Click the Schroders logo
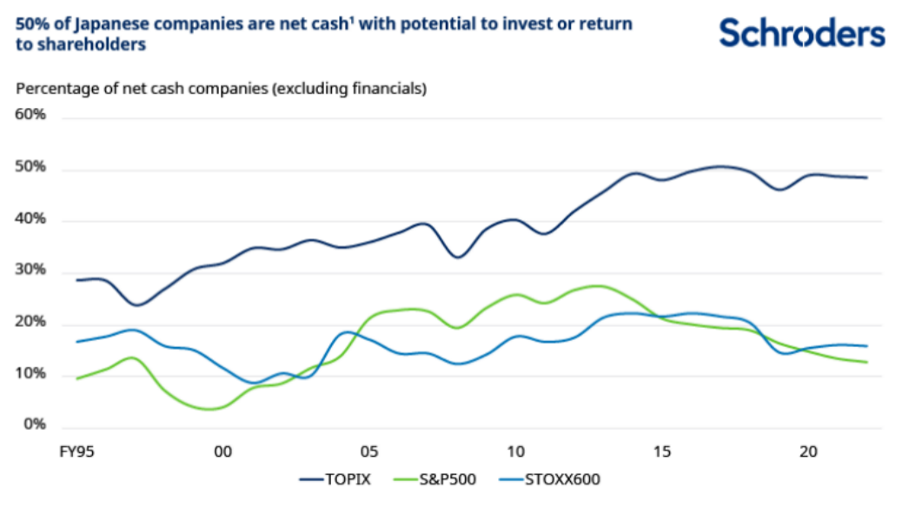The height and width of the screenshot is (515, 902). (x=801, y=34)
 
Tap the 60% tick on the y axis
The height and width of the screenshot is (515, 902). (x=30, y=115)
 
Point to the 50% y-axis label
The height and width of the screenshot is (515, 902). (x=30, y=167)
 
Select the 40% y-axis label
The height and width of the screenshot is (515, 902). (x=30, y=219)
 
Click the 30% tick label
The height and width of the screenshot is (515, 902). (x=30, y=271)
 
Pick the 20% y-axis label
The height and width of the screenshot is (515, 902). (x=30, y=323)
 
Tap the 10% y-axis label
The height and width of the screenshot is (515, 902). (x=30, y=374)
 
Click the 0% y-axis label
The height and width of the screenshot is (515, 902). (x=34, y=425)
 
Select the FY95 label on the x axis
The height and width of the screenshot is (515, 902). (x=77, y=452)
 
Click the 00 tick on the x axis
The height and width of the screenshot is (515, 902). (x=222, y=452)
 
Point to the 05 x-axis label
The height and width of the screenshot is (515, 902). (x=368, y=452)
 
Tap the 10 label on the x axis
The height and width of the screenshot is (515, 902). (x=515, y=452)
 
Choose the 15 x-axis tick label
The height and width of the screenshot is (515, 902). (x=662, y=452)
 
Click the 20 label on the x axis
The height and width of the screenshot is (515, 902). (x=808, y=452)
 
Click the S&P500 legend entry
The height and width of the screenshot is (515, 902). (x=446, y=479)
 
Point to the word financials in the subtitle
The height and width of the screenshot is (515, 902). (x=388, y=88)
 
